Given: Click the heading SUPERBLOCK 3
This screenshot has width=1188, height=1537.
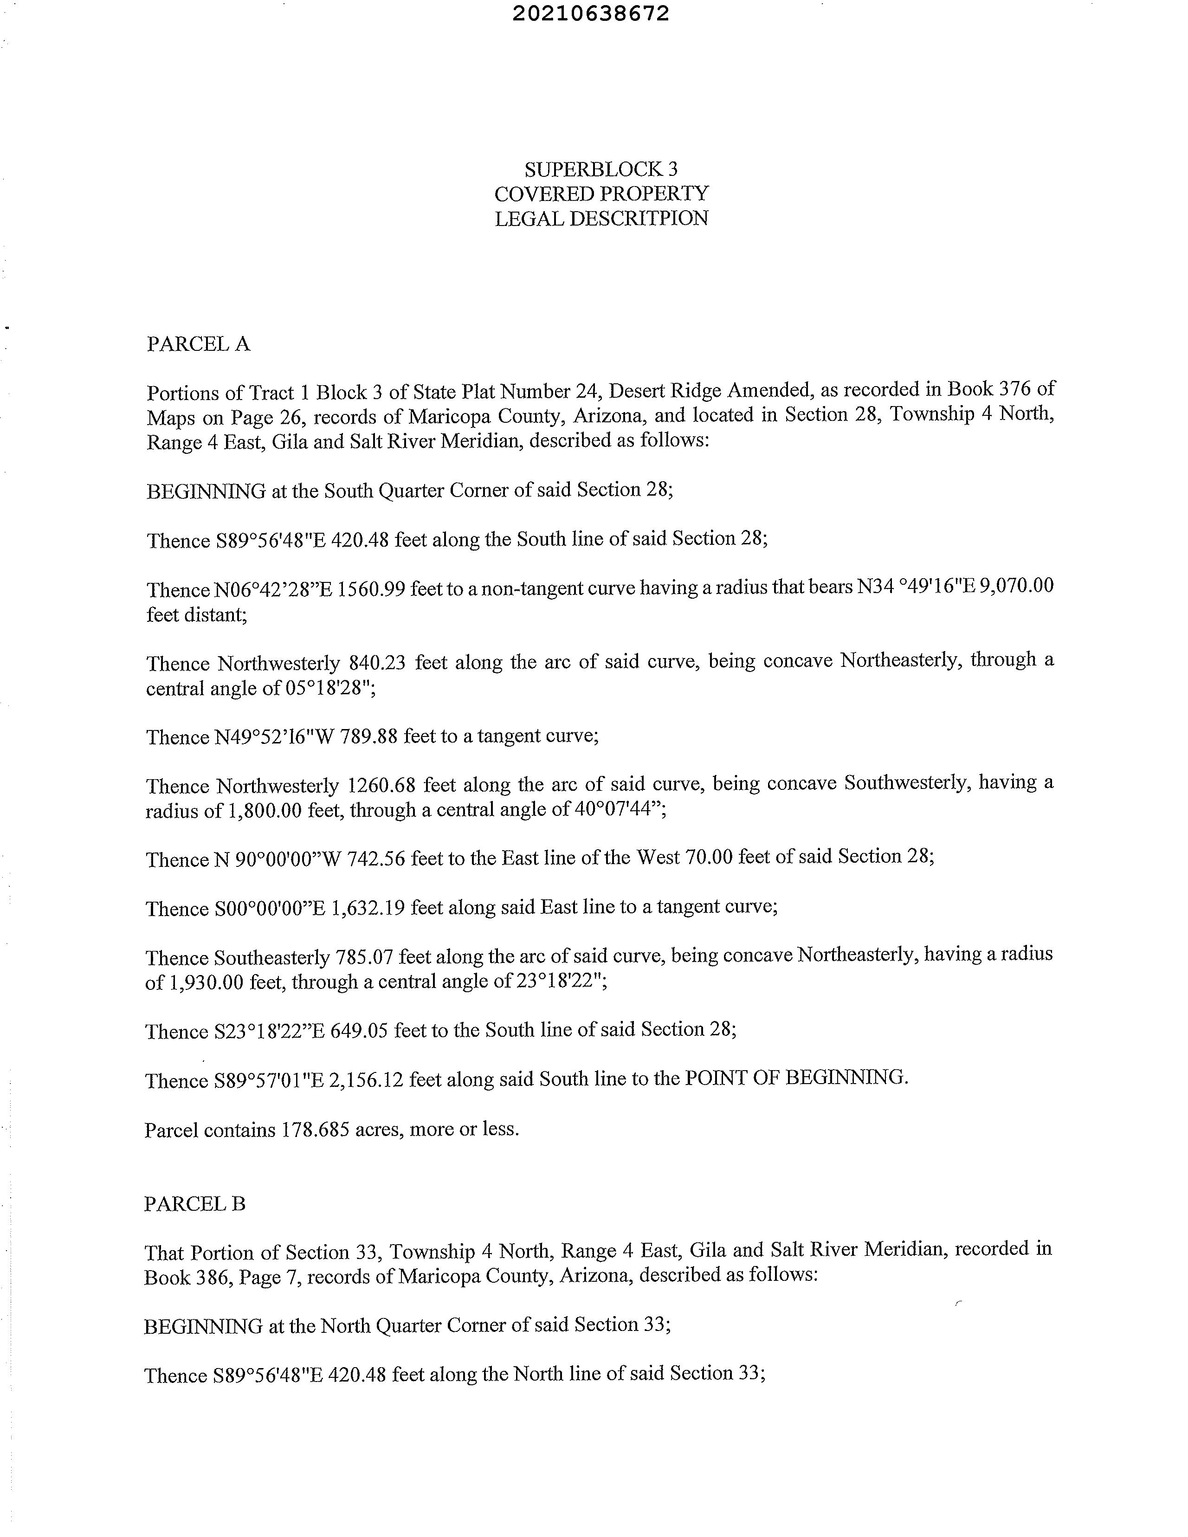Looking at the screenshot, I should pyautogui.click(x=601, y=169).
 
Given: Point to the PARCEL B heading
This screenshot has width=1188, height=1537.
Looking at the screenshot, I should pyautogui.click(x=195, y=1204).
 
